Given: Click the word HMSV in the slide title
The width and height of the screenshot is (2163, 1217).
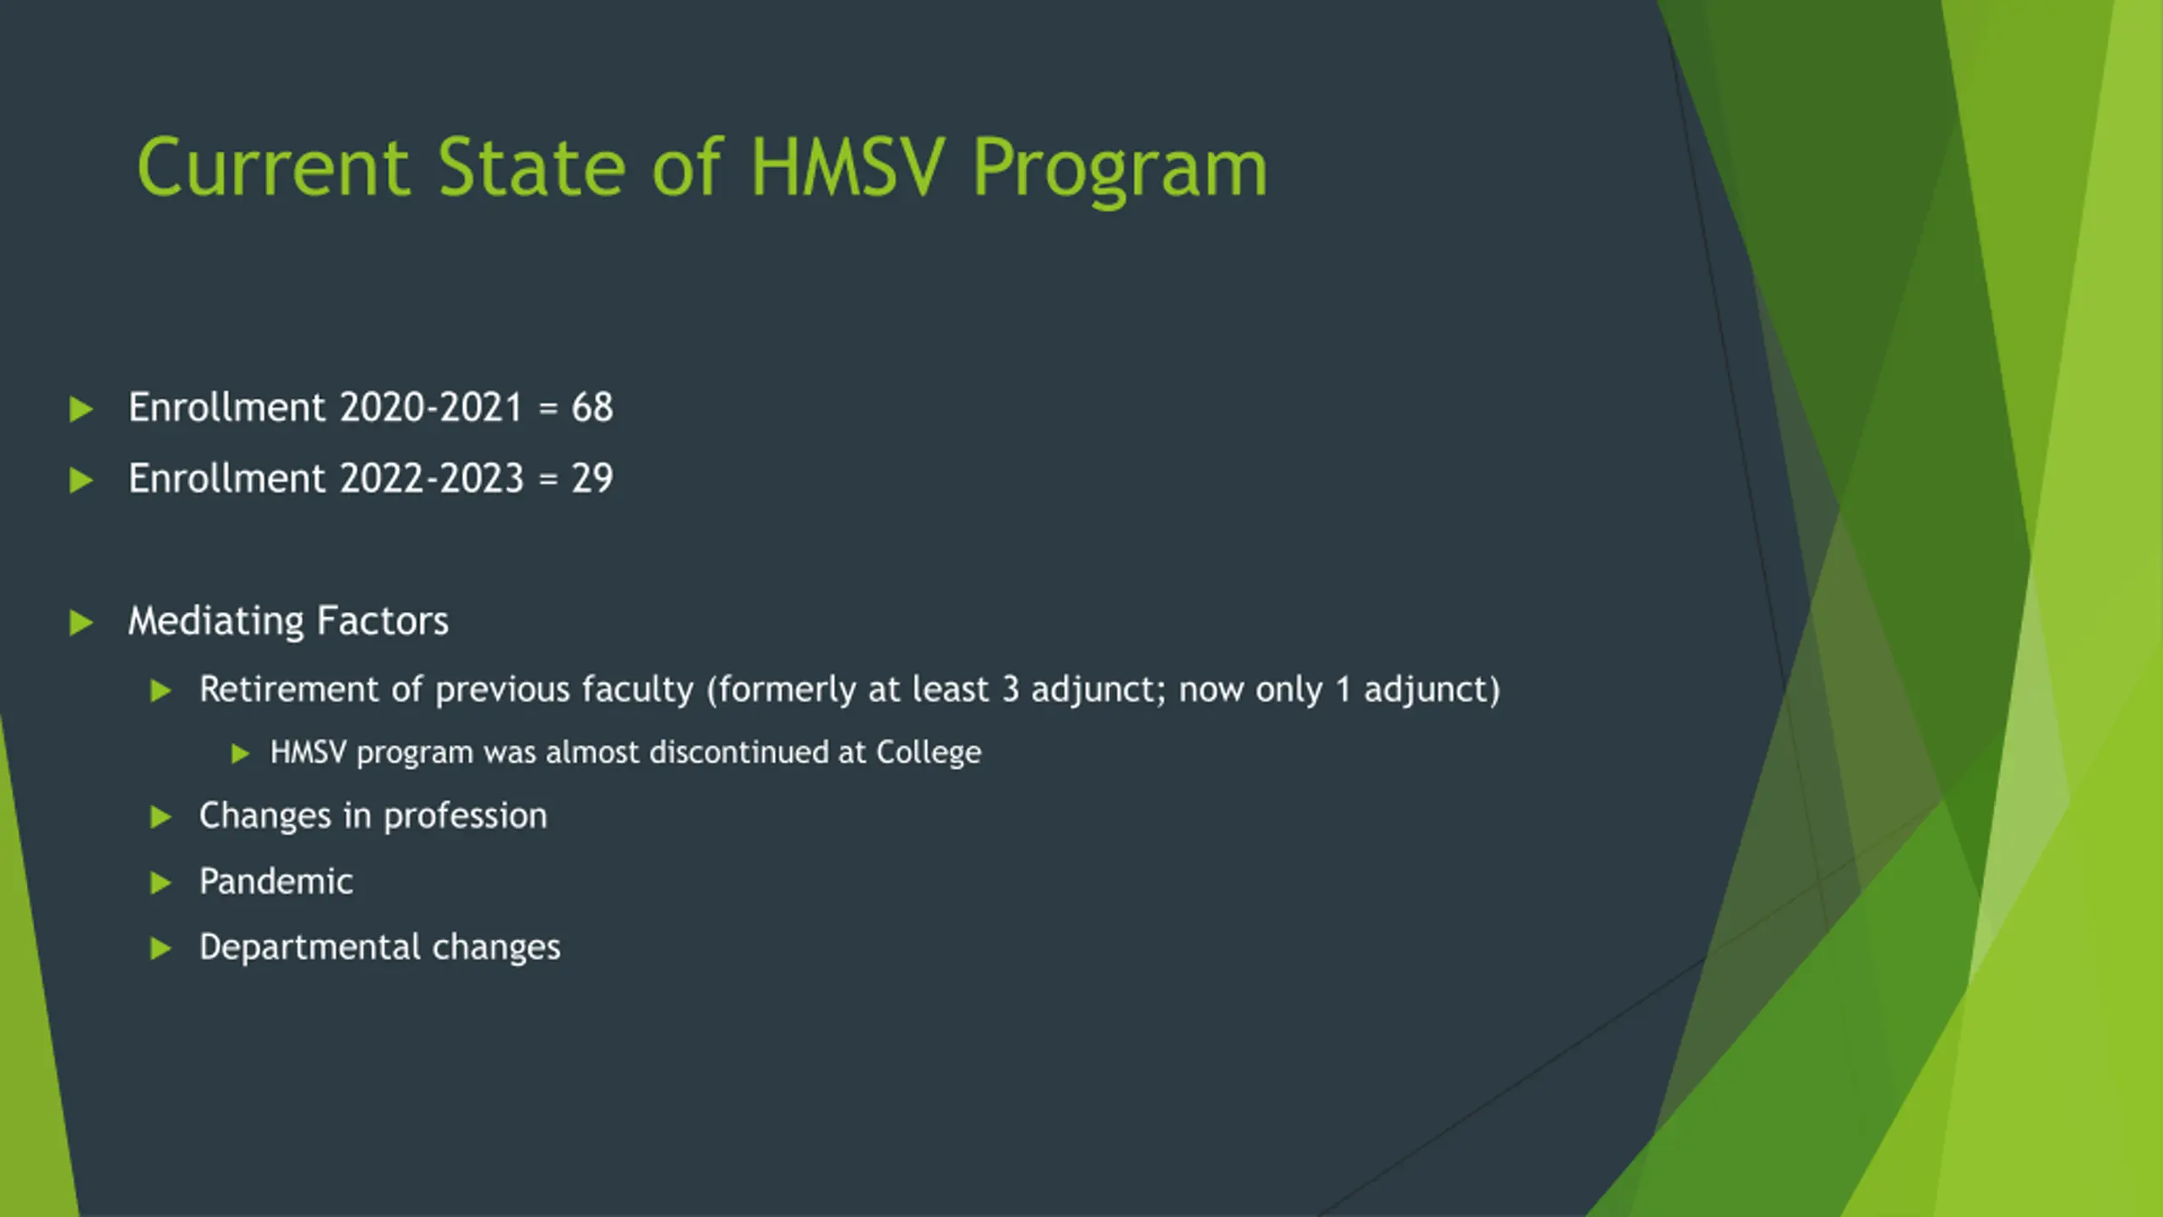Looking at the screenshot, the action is tap(845, 167).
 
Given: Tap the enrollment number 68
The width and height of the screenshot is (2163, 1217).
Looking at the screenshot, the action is tap(592, 407).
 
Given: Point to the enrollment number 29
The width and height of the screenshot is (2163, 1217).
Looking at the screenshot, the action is tap(592, 478).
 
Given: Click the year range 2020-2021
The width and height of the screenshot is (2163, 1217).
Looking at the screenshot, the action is tap(431, 407).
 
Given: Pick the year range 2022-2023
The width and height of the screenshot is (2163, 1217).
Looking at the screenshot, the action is tap(432, 478).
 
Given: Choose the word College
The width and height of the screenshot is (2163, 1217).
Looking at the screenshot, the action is tap(929, 753).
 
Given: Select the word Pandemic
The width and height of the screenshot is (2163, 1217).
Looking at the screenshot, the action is tap(276, 881).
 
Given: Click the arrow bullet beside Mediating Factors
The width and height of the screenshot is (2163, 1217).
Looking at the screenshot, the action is tap(80, 623).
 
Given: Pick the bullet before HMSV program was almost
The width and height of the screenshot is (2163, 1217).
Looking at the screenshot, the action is tap(240, 753).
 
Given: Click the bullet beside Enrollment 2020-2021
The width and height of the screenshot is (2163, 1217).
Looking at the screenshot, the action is tap(80, 409).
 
